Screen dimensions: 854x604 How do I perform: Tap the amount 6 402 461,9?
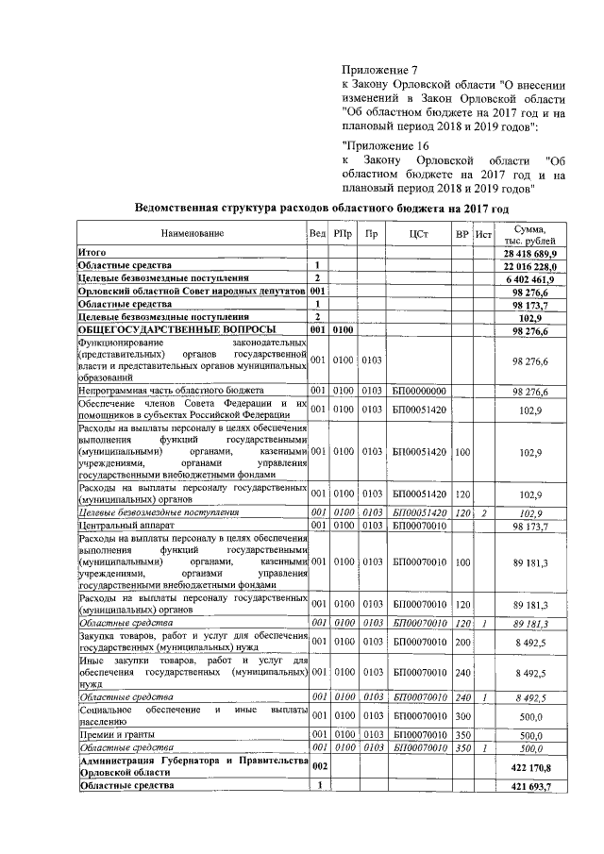pos(535,279)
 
